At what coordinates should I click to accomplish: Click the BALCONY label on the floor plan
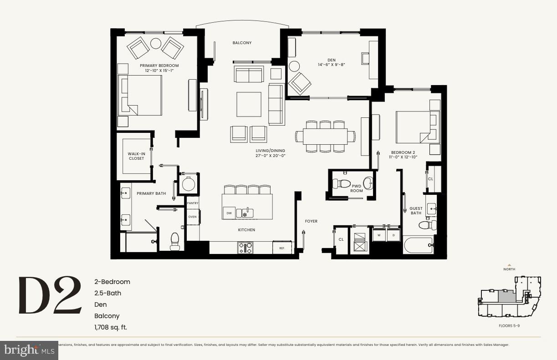[x=242, y=43]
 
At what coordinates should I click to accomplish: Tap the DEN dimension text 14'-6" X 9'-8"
[x=331, y=65]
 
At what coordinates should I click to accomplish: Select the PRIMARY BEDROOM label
[x=159, y=66]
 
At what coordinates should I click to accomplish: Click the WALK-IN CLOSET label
[x=136, y=156]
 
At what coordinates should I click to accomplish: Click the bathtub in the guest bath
[x=419, y=245]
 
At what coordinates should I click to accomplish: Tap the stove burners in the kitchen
[x=245, y=248]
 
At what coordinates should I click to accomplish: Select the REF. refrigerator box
[x=282, y=248]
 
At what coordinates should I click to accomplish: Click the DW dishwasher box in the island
[x=228, y=213]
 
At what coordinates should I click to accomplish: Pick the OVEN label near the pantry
[x=193, y=217]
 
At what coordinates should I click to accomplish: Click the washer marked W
[x=379, y=235]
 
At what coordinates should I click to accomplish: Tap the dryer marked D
[x=393, y=235]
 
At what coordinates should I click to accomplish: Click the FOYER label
[x=311, y=221]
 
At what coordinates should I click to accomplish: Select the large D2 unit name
[x=50, y=296]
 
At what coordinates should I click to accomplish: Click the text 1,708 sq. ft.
[x=111, y=327]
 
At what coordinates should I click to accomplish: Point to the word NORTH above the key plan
[x=509, y=269]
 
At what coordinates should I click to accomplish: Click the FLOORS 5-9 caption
[x=509, y=326]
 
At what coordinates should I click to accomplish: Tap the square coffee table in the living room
[x=249, y=104]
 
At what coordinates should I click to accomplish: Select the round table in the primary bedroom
[x=156, y=43]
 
